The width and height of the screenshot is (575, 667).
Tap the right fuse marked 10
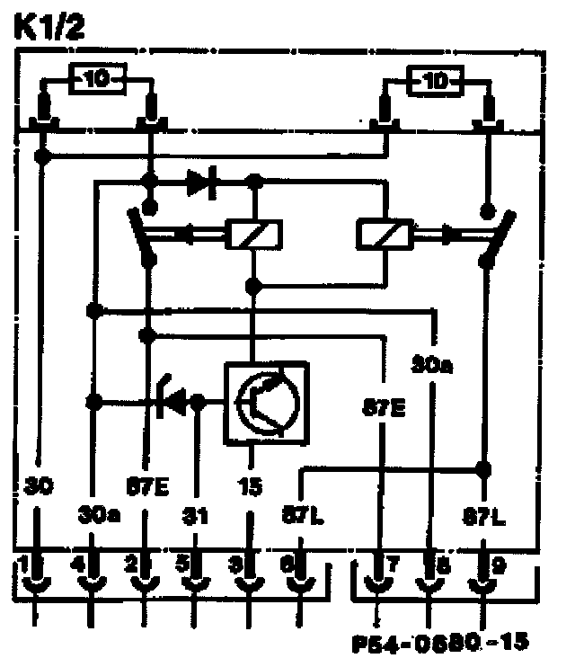tap(436, 82)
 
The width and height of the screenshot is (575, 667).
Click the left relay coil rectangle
tap(252, 236)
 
